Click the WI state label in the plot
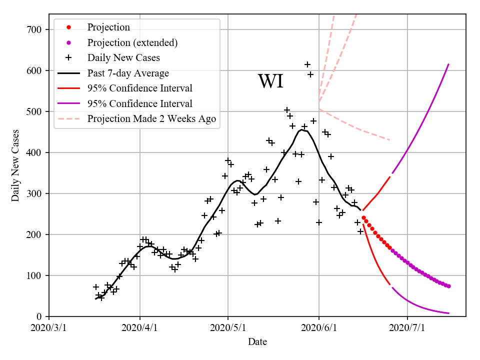[270, 81]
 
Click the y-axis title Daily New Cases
[15, 165]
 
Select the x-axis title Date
[257, 342]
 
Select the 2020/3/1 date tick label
[49, 328]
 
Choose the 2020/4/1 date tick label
[139, 328]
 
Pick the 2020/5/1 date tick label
[228, 328]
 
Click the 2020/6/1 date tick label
[318, 328]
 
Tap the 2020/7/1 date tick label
[407, 328]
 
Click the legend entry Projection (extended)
[132, 42]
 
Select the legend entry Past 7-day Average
[128, 73]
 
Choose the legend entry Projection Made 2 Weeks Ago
[151, 119]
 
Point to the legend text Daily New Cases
[122, 58]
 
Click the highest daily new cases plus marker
[307, 64]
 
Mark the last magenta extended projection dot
[449, 286]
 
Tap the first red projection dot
[363, 218]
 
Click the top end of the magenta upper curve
[448, 64]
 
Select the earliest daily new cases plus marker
[95, 287]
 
